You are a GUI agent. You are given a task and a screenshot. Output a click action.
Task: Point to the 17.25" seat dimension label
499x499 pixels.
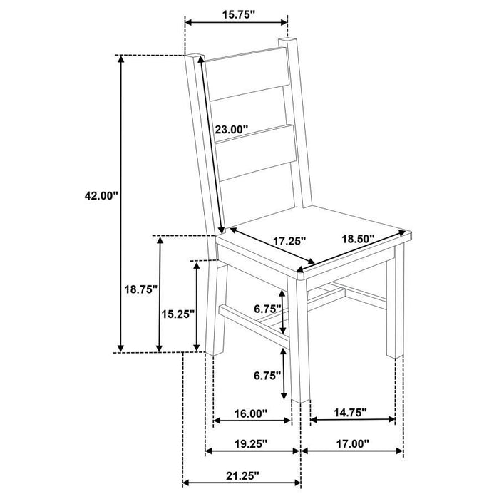pos(289,242)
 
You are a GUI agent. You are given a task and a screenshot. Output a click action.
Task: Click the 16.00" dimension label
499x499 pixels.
pos(250,412)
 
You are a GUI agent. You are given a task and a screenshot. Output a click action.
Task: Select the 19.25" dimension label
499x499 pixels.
pos(249,443)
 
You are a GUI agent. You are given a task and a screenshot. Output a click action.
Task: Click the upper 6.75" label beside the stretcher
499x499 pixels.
pos(268,308)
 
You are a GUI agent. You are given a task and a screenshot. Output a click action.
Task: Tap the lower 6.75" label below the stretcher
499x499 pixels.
pos(268,376)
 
